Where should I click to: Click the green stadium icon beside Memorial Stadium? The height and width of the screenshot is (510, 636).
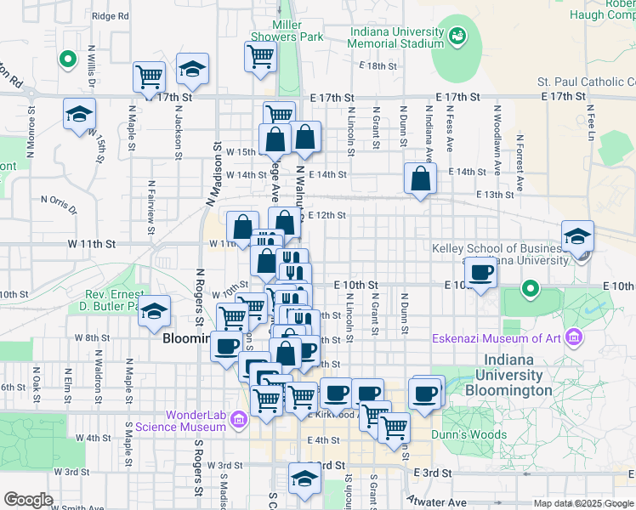pos(458,36)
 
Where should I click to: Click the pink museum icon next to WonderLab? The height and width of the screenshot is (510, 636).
pos(239,418)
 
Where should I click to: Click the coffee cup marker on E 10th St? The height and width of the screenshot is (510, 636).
pos(482,274)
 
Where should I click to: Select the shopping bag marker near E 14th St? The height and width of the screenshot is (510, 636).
pos(420,178)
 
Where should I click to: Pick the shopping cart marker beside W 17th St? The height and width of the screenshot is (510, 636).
pos(149,76)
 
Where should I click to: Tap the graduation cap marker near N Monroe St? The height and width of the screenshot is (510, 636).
pos(79,114)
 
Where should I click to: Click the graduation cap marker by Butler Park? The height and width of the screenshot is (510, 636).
pos(154,312)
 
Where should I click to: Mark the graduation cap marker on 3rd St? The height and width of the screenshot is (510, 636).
pos(304,479)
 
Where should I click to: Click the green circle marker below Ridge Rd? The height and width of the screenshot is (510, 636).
pos(66,59)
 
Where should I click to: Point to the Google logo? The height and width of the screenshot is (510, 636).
pos(28,500)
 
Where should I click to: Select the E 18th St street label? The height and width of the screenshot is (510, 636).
pos(378,65)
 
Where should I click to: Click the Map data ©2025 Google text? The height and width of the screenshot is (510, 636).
pos(582,503)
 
